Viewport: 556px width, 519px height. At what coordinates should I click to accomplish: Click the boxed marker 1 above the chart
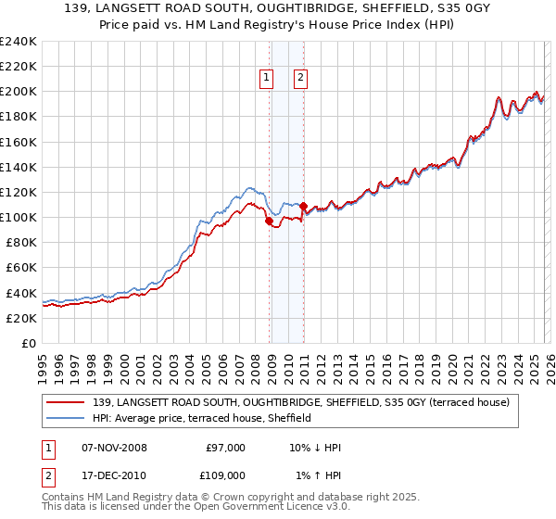click(267, 79)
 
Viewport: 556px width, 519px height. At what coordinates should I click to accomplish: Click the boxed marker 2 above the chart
click(301, 79)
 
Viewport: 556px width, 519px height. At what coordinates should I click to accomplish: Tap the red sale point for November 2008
click(269, 222)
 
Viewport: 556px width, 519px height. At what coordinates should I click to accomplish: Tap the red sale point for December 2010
click(303, 207)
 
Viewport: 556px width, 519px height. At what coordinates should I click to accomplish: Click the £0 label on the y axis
click(28, 343)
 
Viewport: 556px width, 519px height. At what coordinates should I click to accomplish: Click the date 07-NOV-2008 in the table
click(115, 447)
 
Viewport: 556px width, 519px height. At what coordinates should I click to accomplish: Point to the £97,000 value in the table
click(225, 447)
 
